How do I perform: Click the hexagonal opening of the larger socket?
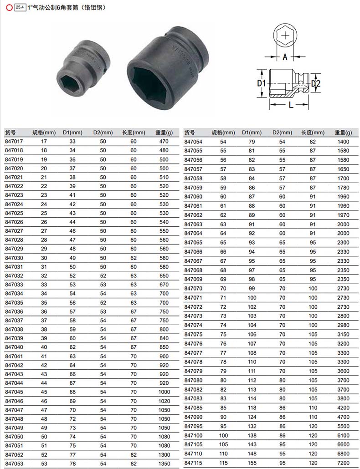click(x=149, y=86)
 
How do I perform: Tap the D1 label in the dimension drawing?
click(x=261, y=83)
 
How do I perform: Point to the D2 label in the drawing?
click(x=316, y=83)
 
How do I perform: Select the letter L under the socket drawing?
click(x=291, y=104)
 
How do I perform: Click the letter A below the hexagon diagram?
click(x=285, y=56)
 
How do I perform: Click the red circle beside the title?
click(x=9, y=8)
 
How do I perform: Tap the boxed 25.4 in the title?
click(x=20, y=7)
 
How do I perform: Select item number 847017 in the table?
click(x=14, y=142)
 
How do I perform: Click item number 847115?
click(x=193, y=463)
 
